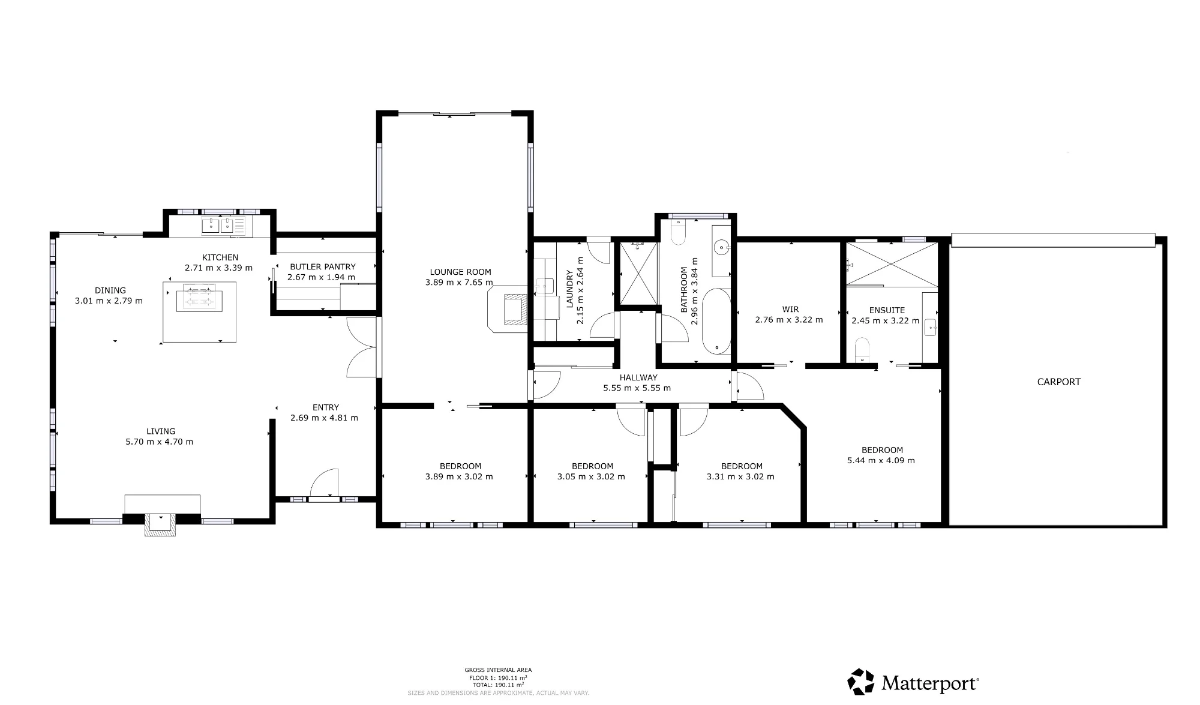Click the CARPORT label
[x=1058, y=382]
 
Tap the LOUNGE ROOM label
[x=460, y=272]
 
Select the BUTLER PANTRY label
[x=323, y=266]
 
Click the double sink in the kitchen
[x=218, y=226]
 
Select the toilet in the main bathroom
[x=678, y=232]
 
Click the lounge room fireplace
[x=508, y=308]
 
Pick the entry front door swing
[x=324, y=483]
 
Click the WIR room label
[x=790, y=310]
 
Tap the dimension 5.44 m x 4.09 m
[x=881, y=461]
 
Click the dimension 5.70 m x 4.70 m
[x=159, y=442]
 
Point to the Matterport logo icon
[x=860, y=682]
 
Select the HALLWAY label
[x=638, y=377]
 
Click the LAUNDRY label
[x=570, y=289]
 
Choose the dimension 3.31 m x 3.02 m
[x=740, y=477]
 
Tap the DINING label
[x=110, y=290]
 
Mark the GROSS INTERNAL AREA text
[x=498, y=670]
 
